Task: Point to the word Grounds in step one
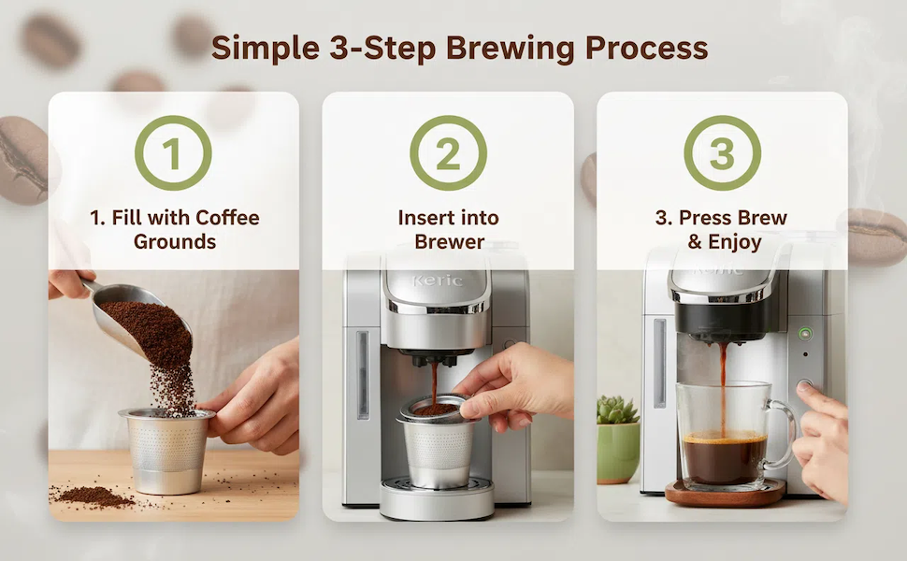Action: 175,241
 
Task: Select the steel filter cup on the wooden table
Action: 166,451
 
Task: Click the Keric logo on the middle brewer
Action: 438,281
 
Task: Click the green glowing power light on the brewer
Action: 805,334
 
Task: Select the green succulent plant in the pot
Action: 617,410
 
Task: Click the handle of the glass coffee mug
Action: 782,434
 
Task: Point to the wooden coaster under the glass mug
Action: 726,494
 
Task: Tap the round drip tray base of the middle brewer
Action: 437,498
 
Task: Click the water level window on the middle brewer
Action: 363,374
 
